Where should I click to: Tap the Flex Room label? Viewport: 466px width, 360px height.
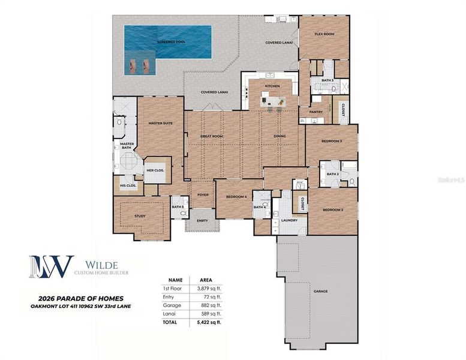click(x=324, y=34)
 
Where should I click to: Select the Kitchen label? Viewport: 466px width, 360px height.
click(x=272, y=86)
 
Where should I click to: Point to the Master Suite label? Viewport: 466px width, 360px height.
click(x=160, y=124)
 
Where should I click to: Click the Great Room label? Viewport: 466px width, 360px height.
click(x=211, y=136)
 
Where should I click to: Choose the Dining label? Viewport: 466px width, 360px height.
click(x=279, y=136)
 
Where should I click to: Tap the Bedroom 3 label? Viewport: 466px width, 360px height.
click(x=332, y=141)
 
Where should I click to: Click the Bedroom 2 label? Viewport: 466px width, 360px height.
click(x=333, y=210)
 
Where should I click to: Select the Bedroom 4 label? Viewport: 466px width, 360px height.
click(x=237, y=197)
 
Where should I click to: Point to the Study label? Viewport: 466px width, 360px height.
click(x=140, y=216)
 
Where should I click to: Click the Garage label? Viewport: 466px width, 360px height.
click(x=320, y=291)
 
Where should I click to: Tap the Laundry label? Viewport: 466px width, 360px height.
click(x=290, y=220)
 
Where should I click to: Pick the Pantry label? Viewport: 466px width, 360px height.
click(x=316, y=112)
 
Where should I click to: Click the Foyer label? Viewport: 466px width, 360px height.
click(x=202, y=194)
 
